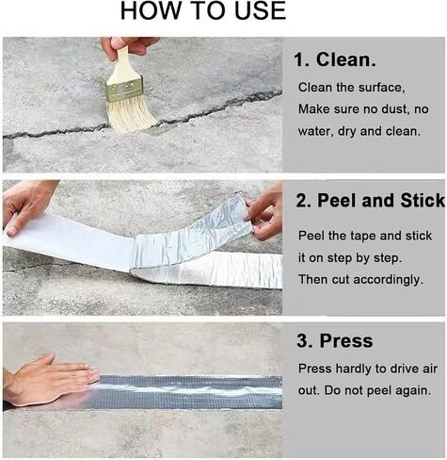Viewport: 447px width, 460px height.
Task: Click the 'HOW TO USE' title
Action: (x=203, y=10)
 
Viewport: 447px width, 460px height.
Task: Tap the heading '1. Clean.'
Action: (x=335, y=59)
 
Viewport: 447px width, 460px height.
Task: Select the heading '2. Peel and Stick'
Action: (x=371, y=200)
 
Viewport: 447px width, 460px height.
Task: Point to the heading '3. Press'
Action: (x=335, y=340)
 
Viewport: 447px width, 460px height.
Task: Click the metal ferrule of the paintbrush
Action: (x=124, y=89)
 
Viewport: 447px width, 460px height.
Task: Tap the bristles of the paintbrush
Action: (x=130, y=113)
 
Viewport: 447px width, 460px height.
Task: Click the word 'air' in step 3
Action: (x=430, y=369)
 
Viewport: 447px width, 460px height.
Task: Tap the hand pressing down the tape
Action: (x=50, y=380)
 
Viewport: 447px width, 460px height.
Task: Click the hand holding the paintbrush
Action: (x=129, y=47)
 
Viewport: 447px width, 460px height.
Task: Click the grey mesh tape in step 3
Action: (x=188, y=391)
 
